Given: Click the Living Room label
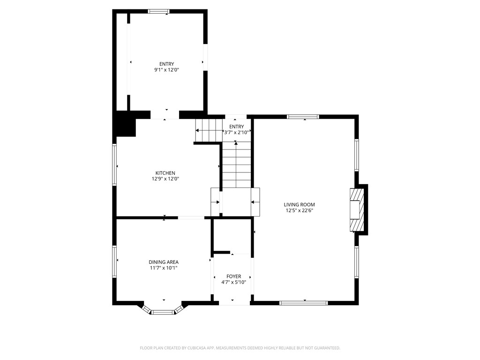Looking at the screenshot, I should pyautogui.click(x=299, y=204).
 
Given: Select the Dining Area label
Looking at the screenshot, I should pyautogui.click(x=164, y=262).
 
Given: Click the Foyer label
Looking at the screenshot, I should pyautogui.click(x=233, y=277).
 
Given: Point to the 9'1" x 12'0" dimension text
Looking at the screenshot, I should pyautogui.click(x=166, y=70).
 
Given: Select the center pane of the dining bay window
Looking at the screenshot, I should pyautogui.click(x=163, y=312).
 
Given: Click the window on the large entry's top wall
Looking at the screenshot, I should pyautogui.click(x=158, y=11).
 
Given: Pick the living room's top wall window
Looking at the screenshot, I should pyautogui.click(x=303, y=117).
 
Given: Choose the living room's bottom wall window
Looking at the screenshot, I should pyautogui.click(x=304, y=303).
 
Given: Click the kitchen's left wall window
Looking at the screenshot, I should pyautogui.click(x=114, y=165).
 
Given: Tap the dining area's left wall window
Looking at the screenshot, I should pyautogui.click(x=114, y=262).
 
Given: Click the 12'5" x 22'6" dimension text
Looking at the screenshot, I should pyautogui.click(x=299, y=210).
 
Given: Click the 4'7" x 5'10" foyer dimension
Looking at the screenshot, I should pyautogui.click(x=233, y=283).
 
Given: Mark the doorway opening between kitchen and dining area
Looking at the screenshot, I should pyautogui.click(x=191, y=217).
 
